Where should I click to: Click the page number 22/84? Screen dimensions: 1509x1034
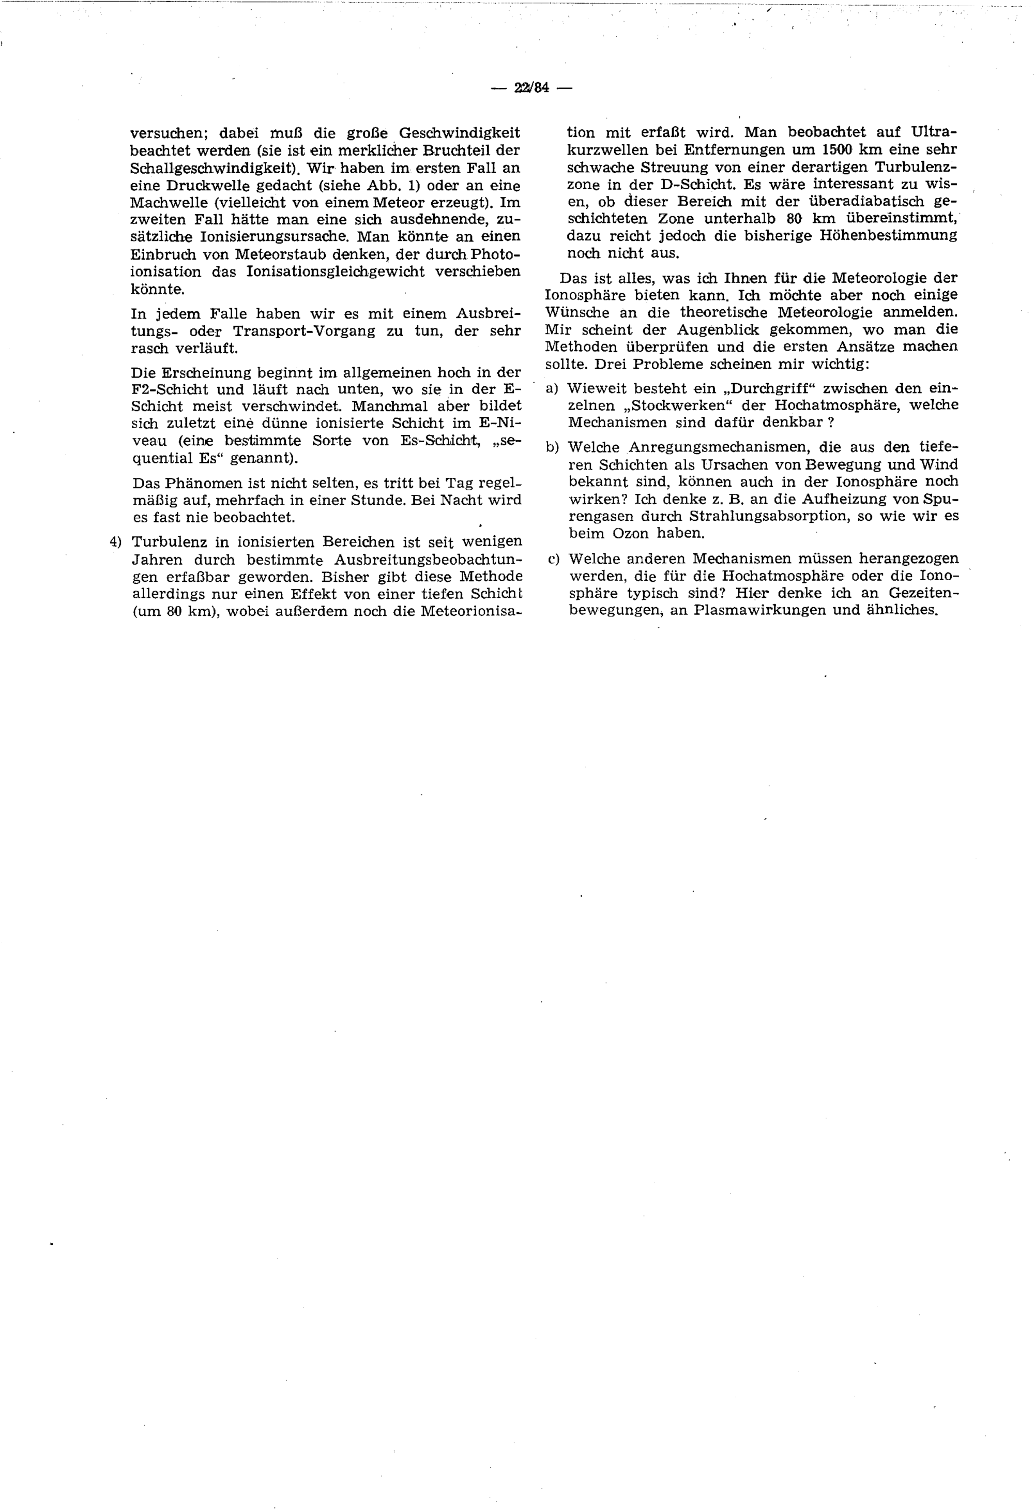(531, 88)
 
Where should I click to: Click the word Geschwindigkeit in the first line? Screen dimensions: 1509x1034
(459, 133)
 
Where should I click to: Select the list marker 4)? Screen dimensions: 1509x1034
(116, 541)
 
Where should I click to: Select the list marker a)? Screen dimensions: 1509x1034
(552, 388)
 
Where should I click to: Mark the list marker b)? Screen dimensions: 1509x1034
(552, 447)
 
